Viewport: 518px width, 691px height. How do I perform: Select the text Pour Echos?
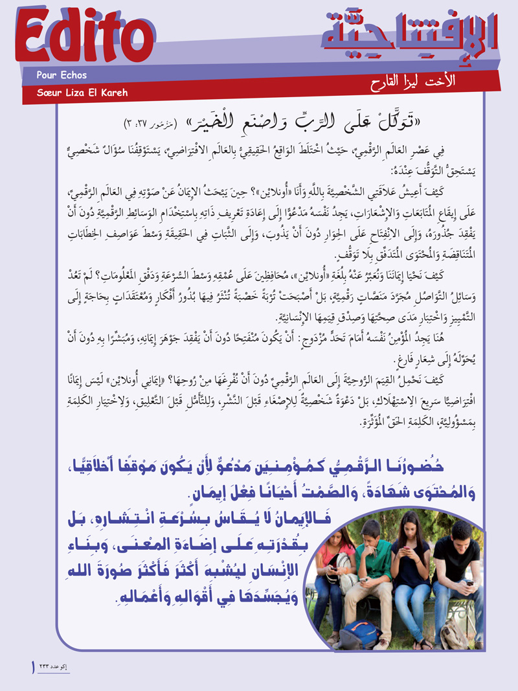[x=62, y=75]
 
